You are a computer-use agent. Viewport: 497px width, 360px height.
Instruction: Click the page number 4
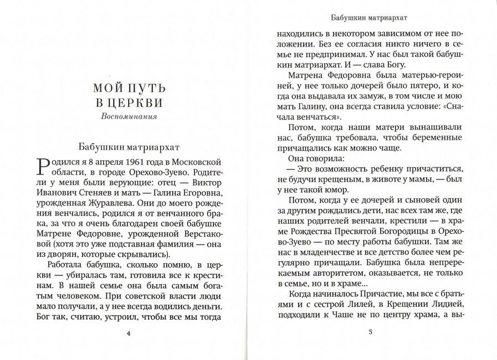point(129,333)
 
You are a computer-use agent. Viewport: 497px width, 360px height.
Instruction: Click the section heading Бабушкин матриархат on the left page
point(129,147)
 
